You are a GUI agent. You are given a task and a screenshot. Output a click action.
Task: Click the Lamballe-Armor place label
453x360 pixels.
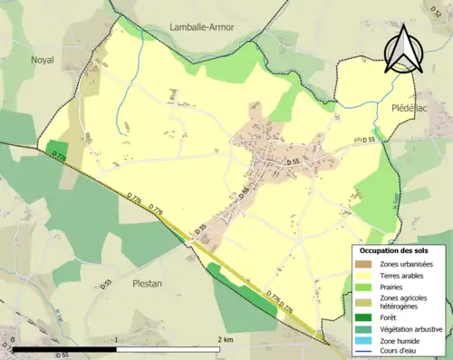[201, 27]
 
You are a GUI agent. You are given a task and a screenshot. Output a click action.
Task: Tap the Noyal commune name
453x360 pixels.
[43, 59]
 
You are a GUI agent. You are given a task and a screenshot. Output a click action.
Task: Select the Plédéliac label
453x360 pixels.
[412, 107]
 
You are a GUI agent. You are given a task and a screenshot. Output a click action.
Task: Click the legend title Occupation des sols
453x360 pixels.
[393, 249]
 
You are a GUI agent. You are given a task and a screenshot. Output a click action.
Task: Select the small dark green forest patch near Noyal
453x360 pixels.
[56, 150]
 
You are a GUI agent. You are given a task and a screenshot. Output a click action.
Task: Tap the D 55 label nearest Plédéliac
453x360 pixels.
[369, 141]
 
